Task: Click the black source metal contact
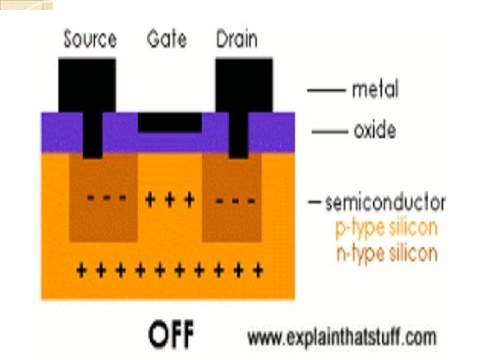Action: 87,83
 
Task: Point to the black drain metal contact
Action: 243,83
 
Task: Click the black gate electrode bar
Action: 169,121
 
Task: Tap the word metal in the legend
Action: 375,89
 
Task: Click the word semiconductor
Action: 385,202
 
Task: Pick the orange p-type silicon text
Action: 386,228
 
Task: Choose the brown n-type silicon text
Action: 386,253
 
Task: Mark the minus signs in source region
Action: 103,199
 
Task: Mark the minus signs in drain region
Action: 234,199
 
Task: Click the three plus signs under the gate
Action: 169,199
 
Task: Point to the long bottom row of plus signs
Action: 169,270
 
